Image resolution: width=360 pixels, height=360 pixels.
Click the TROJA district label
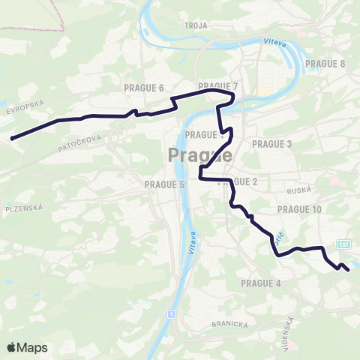click(x=196, y=25)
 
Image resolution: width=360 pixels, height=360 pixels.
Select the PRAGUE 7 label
click(x=217, y=86)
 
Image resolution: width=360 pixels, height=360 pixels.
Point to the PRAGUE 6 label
click(x=144, y=88)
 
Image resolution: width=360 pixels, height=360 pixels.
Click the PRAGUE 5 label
click(x=164, y=184)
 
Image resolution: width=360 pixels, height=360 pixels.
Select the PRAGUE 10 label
click(x=299, y=209)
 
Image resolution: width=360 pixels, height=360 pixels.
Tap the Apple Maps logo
click(x=27, y=347)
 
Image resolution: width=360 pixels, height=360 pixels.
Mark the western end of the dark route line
click(x=13, y=137)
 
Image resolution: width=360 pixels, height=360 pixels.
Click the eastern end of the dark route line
click(x=349, y=270)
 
